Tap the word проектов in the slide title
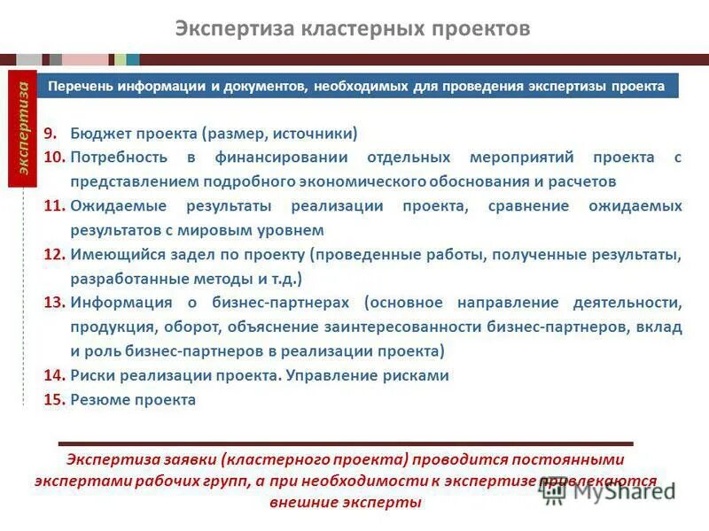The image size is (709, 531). tap(479, 29)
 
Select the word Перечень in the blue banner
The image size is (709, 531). tap(80, 87)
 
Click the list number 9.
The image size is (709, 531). tap(51, 134)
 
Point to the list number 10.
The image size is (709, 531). tap(55, 158)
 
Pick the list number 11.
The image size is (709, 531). tap(55, 205)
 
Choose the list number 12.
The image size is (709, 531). tap(55, 254)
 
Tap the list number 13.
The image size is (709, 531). tap(55, 303)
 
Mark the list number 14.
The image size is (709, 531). tap(55, 375)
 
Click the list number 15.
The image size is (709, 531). tap(55, 399)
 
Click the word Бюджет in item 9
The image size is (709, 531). tap(100, 134)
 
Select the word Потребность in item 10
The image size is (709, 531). tap(119, 158)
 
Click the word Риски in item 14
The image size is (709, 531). tap(91, 375)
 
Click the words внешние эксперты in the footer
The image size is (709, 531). tap(346, 502)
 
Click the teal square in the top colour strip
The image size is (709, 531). tap(133, 59)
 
